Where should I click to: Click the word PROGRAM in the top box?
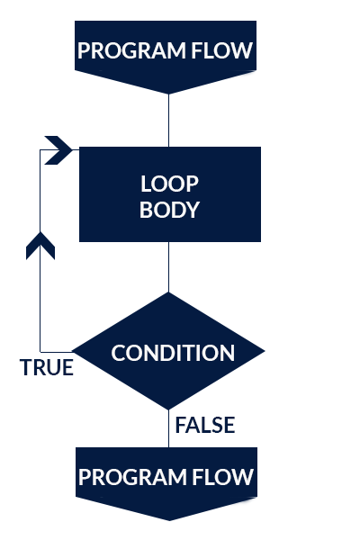132,50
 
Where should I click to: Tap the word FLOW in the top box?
222,50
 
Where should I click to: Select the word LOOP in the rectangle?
169,184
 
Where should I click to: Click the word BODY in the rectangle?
169,210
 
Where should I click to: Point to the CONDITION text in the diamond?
173,353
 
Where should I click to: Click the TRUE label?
47,367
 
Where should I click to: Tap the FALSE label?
205,425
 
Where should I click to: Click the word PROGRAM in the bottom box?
132,477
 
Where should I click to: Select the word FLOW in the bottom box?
223,477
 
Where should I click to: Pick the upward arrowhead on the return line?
40,245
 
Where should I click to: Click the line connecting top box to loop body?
169,121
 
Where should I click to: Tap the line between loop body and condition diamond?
169,267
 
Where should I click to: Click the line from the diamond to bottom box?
169,428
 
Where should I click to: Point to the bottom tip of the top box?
168,94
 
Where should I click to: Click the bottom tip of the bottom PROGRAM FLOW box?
169,520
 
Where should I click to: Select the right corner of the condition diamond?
265,351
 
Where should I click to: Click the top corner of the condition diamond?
168,292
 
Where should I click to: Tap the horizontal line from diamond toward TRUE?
56,352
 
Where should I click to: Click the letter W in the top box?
243,50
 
